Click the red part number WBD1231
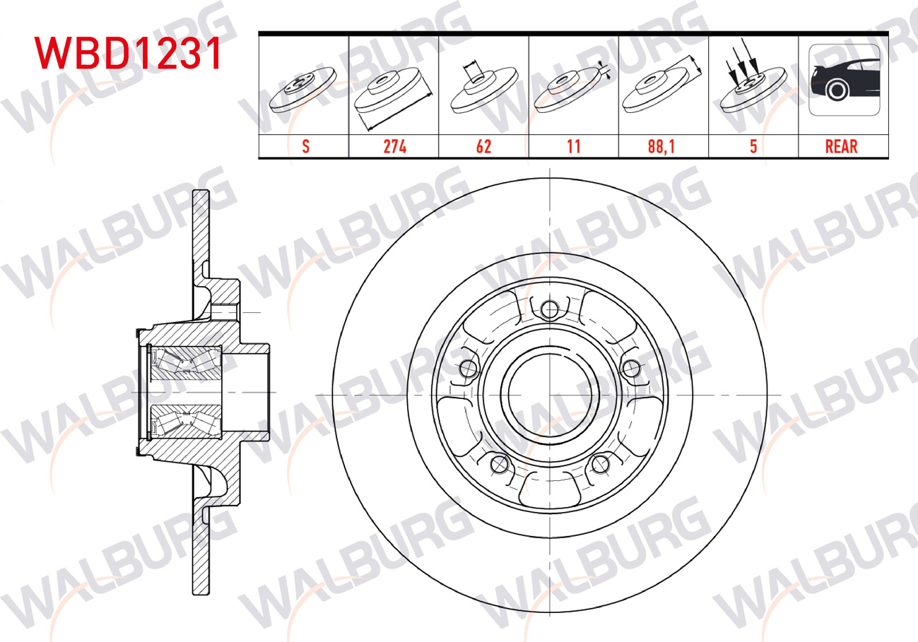click(129, 53)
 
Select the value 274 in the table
click(394, 146)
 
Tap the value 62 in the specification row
click(483, 146)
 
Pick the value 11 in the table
click(574, 146)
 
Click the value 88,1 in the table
click(661, 146)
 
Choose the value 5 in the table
click(753, 146)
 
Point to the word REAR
click(842, 146)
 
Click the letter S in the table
click(305, 146)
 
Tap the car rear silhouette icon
click(845, 80)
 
